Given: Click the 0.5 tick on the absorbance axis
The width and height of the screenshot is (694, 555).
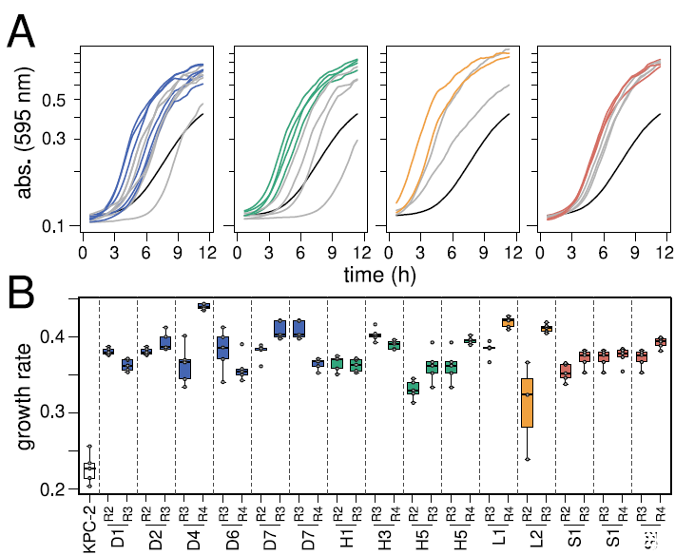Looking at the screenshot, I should [59, 100].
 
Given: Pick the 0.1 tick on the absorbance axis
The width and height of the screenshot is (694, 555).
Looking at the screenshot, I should [59, 226].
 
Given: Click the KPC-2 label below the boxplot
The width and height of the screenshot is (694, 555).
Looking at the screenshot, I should [90, 528].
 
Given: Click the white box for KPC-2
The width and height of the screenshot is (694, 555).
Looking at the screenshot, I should [89, 469].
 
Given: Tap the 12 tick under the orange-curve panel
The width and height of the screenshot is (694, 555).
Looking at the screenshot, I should [511, 253].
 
